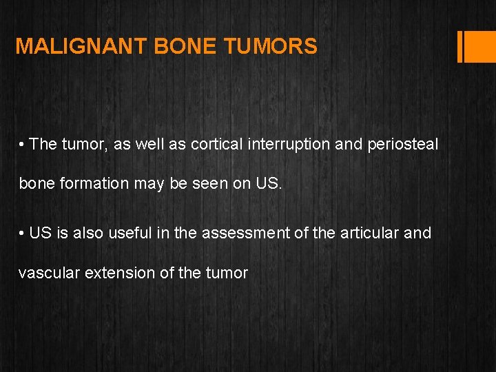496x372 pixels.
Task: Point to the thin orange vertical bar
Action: [x=459, y=46]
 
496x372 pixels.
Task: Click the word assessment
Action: [x=245, y=233]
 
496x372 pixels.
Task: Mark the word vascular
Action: [x=47, y=273]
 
